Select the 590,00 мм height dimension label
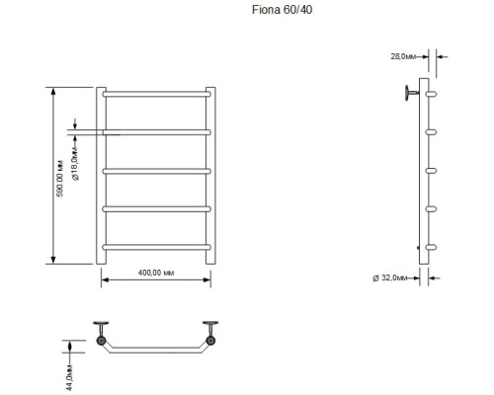pyautogui.click(x=59, y=175)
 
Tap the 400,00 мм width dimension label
pyautogui.click(x=154, y=272)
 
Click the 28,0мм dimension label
pyautogui.click(x=402, y=57)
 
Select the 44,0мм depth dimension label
pyautogui.click(x=68, y=369)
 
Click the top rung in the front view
pyautogui.click(x=155, y=95)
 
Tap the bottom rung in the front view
pyautogui.click(x=155, y=246)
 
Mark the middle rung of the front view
pyautogui.click(x=155, y=170)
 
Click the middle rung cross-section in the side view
pyautogui.click(x=430, y=170)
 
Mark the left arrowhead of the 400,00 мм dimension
pyautogui.click(x=105, y=280)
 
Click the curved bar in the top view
pyautogui.click(x=155, y=352)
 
